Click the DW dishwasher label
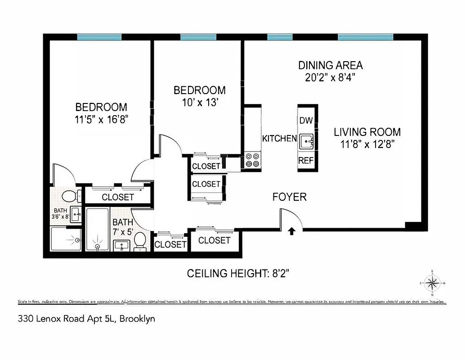pos(306,120)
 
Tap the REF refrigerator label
pos(306,160)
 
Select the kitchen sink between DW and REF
pos(307,141)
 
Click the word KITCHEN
pos(279,139)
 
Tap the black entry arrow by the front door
pos(291,231)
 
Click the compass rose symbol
pos(432,283)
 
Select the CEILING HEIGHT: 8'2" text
pos(241,273)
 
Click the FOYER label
pos(290,197)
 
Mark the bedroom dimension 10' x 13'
pos(199,103)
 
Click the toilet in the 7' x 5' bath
pos(140,241)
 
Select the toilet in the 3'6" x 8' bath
pos(69,196)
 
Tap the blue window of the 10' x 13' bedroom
pos(198,37)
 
